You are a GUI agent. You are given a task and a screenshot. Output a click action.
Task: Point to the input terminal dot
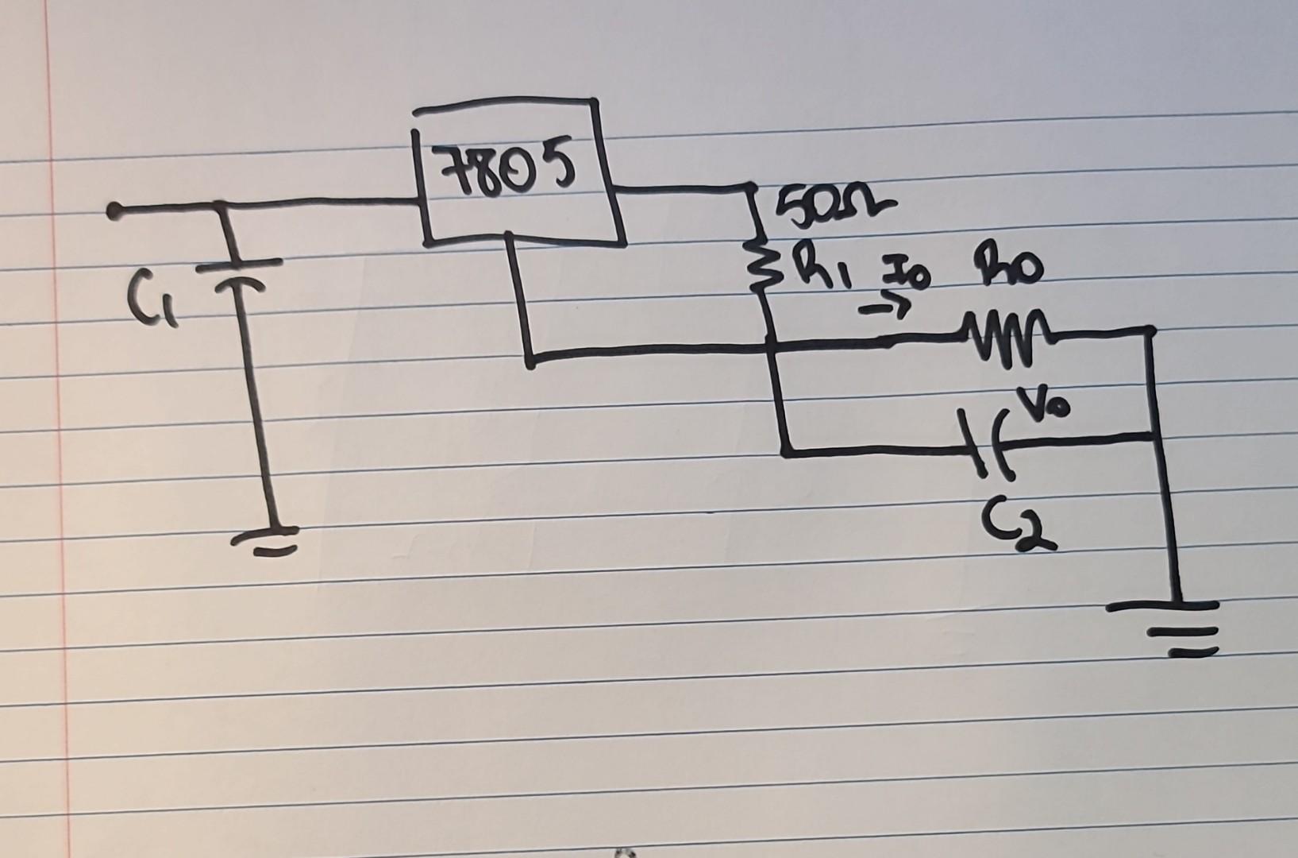pos(116,211)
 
